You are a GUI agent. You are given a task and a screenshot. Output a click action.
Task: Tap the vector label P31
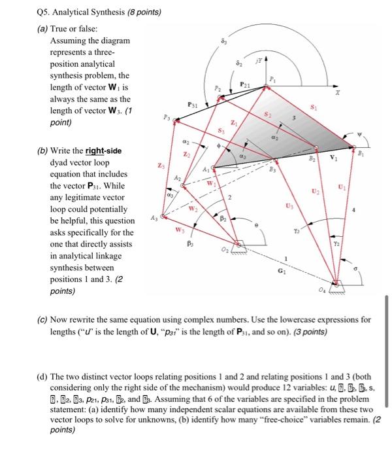coord(193,105)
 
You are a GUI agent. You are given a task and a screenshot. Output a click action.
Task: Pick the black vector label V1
coord(335,158)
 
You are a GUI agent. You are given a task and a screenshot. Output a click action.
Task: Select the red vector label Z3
coord(161,166)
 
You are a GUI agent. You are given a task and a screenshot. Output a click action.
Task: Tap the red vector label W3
coord(179,228)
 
